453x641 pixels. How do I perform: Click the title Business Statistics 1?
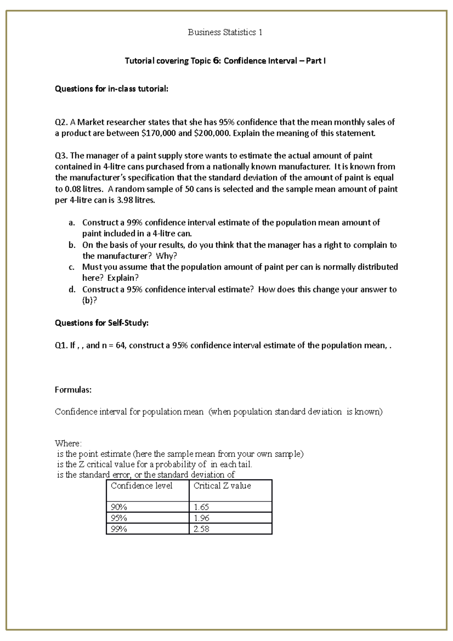point(225,32)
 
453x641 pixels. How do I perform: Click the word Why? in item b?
point(166,256)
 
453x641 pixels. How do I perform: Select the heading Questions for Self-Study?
point(102,323)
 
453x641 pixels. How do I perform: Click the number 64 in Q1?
point(120,345)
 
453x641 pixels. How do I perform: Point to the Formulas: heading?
point(73,390)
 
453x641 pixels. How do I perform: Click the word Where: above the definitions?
point(68,443)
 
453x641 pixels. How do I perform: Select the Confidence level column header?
point(142,486)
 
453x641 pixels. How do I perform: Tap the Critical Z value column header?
point(222,486)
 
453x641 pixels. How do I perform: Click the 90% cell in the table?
point(119,507)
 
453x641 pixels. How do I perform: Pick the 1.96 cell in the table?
point(201,518)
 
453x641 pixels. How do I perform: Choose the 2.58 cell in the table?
point(201,529)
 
